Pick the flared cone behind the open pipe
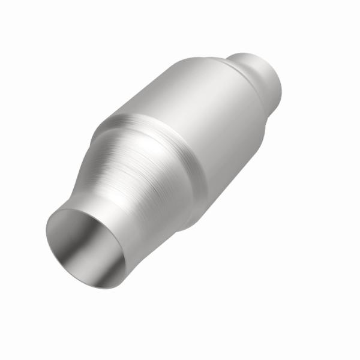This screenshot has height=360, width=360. tap(144, 174)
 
